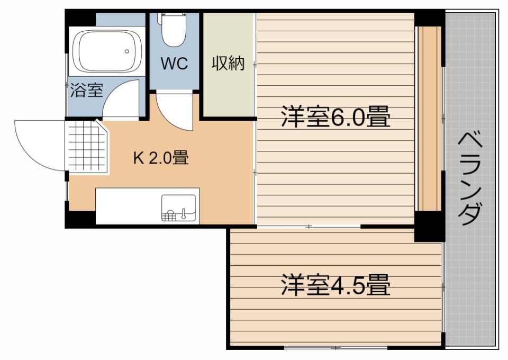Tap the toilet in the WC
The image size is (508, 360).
tap(174, 30)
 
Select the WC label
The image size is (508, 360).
tap(174, 64)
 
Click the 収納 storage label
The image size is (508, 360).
tap(228, 64)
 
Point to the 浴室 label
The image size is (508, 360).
tap(86, 91)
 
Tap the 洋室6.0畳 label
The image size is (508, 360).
tap(335, 117)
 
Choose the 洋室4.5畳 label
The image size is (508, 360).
tap(335, 285)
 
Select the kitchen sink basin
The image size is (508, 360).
tap(178, 207)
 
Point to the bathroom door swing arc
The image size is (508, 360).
tap(121, 101)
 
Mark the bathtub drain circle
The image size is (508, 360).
tap(127, 51)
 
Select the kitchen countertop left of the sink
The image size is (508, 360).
tap(127, 206)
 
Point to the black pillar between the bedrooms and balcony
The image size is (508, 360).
tap(429, 226)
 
